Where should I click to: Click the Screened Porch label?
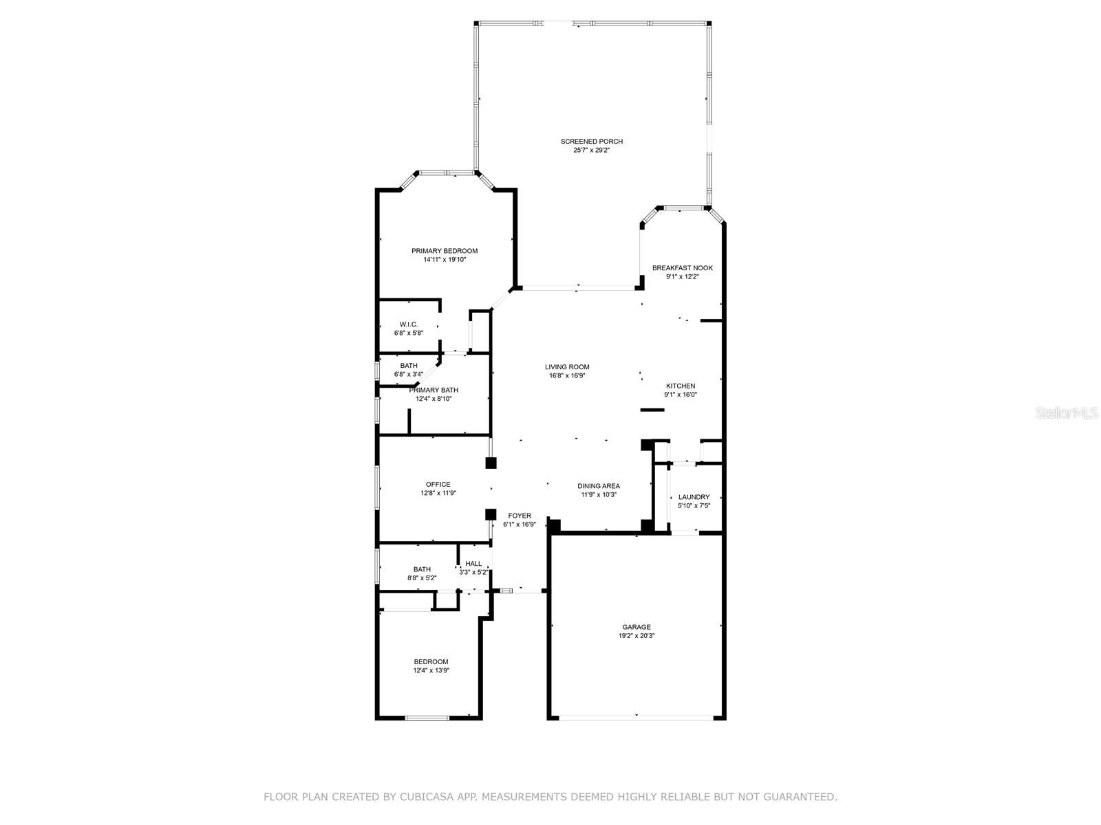(591, 142)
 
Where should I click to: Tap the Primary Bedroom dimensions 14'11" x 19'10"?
(445, 259)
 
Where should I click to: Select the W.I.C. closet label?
(408, 324)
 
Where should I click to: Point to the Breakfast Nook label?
(682, 268)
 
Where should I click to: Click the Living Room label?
(567, 366)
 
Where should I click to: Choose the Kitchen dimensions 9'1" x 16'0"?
(680, 394)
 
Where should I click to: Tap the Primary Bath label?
(434, 390)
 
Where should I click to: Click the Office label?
(438, 485)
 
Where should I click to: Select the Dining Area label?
(599, 486)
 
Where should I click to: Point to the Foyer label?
(519, 516)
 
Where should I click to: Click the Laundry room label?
(694, 497)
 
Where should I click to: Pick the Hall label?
(473, 564)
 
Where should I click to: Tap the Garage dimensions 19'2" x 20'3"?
(636, 636)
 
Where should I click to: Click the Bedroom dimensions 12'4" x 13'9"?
(431, 670)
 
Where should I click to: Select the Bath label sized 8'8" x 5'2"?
(422, 569)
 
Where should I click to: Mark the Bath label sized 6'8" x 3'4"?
(408, 366)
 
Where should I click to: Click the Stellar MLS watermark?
(1067, 412)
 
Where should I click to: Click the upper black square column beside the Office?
(491, 463)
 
